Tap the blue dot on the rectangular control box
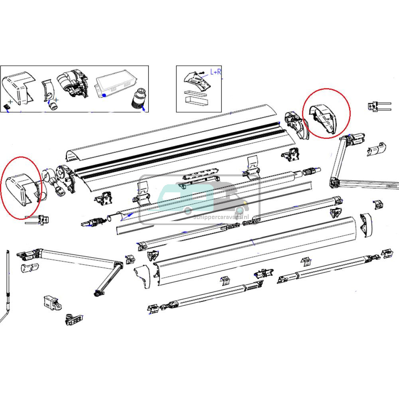tap(104, 95)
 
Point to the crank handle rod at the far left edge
tap(8, 287)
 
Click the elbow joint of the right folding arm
tap(334, 183)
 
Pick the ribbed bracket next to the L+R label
tap(198, 81)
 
